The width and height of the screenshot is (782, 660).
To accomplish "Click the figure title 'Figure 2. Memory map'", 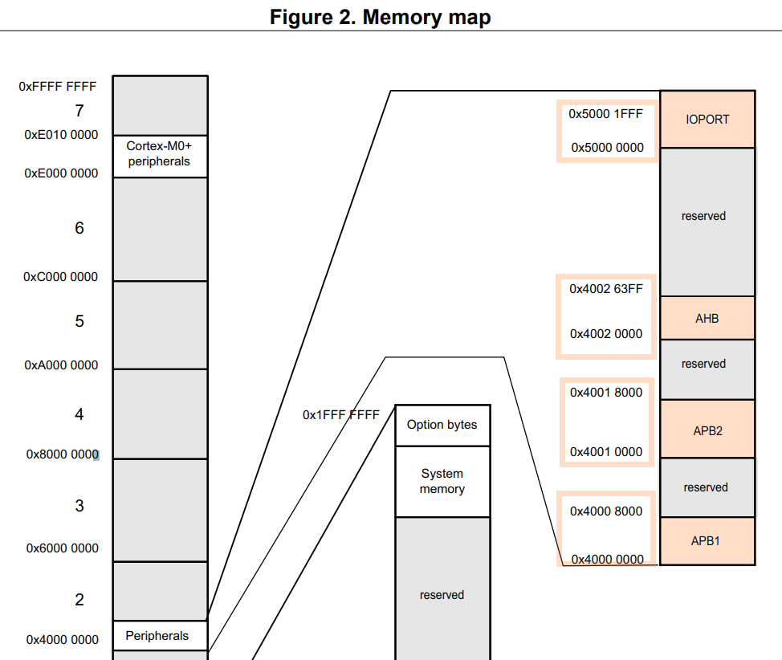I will pyautogui.click(x=380, y=17).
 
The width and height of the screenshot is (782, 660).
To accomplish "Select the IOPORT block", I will pyautogui.click(x=707, y=120).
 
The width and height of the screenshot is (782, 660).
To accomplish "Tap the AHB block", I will pyautogui.click(x=707, y=319).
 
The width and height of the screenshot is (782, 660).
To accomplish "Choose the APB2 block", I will pyautogui.click(x=707, y=430).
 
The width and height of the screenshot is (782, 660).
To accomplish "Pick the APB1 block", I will pyautogui.click(x=707, y=541).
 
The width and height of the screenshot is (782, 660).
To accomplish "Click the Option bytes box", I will pyautogui.click(x=442, y=425).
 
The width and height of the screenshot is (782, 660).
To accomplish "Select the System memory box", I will pyautogui.click(x=442, y=481).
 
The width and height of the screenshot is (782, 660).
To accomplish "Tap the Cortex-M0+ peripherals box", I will pyautogui.click(x=159, y=154).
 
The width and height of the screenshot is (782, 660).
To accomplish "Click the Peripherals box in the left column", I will pyautogui.click(x=159, y=635).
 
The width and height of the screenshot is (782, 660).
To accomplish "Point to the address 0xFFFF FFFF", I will pyautogui.click(x=58, y=86).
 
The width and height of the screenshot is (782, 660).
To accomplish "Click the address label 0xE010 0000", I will pyautogui.click(x=62, y=135).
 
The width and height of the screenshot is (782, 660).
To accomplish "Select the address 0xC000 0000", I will pyautogui.click(x=61, y=277).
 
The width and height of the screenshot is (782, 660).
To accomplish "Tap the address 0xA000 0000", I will pyautogui.click(x=61, y=365).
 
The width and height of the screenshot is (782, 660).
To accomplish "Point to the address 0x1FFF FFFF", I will pyautogui.click(x=340, y=415).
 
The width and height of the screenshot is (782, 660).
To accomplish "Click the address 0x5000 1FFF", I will pyautogui.click(x=605, y=114).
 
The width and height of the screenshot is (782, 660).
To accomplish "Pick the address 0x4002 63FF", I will pyautogui.click(x=605, y=288).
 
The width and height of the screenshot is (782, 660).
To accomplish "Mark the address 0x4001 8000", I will pyautogui.click(x=605, y=393).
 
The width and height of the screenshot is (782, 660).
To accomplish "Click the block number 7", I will pyautogui.click(x=79, y=111).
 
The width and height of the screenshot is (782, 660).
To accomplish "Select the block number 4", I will pyautogui.click(x=79, y=414).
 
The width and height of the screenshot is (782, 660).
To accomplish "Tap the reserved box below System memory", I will pyautogui.click(x=442, y=594).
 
